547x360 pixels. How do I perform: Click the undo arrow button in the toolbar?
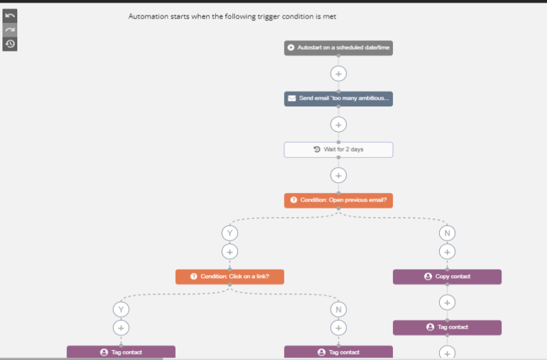point(10,15)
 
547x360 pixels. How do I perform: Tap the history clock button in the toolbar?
point(10,44)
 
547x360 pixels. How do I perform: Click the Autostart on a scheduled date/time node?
point(338,48)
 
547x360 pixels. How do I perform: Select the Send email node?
point(338,99)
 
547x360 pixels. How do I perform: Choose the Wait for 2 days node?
point(338,150)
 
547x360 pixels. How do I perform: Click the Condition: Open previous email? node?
point(338,200)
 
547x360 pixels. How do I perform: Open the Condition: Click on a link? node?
point(230,277)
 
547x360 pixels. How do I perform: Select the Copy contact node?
point(447,277)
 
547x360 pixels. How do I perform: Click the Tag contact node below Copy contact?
point(447,327)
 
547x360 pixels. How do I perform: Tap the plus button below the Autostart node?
point(338,74)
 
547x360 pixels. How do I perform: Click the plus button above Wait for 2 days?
point(338,125)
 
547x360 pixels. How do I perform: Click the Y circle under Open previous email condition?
point(230,233)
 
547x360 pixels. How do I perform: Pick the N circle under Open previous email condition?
point(447,233)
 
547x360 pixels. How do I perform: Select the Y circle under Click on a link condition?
point(121,309)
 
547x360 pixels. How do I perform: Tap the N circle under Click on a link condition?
point(338,309)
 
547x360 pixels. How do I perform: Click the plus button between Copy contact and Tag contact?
point(447,303)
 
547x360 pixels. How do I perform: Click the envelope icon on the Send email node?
point(292,99)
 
